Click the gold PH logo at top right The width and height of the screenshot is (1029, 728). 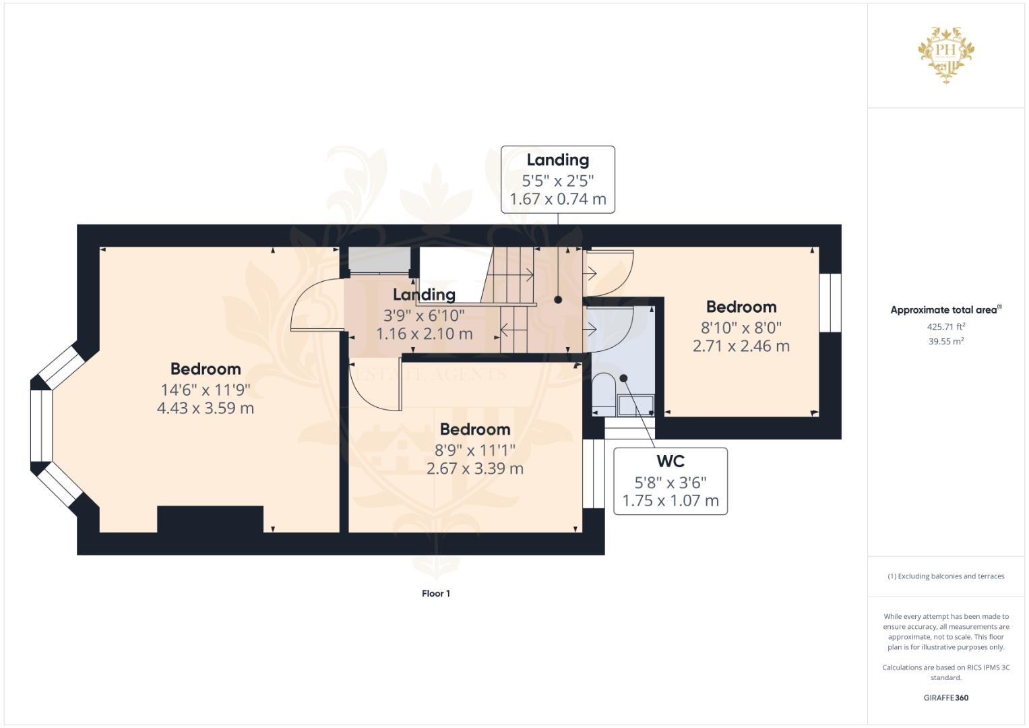(946, 54)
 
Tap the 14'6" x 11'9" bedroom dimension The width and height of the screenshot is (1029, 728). (206, 390)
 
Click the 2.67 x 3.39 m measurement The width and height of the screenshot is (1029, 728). (474, 468)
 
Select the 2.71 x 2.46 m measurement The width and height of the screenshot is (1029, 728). (741, 346)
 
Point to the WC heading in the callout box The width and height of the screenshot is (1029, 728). (670, 461)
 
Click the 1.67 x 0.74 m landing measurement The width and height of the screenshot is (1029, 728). (557, 199)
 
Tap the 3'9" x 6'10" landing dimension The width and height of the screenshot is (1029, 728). (424, 315)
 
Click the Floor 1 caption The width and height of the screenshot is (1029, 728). (435, 593)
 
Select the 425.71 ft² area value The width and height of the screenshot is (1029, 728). (945, 326)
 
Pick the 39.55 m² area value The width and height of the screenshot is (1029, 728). (945, 341)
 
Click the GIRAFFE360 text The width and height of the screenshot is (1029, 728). (945, 698)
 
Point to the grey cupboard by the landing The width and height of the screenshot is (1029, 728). (379, 260)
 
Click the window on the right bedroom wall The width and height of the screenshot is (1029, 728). (830, 303)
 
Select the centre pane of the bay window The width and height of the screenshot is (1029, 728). (42, 425)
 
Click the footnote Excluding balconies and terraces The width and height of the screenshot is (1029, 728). (945, 576)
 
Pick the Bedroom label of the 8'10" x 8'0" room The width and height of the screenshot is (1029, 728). (741, 307)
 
